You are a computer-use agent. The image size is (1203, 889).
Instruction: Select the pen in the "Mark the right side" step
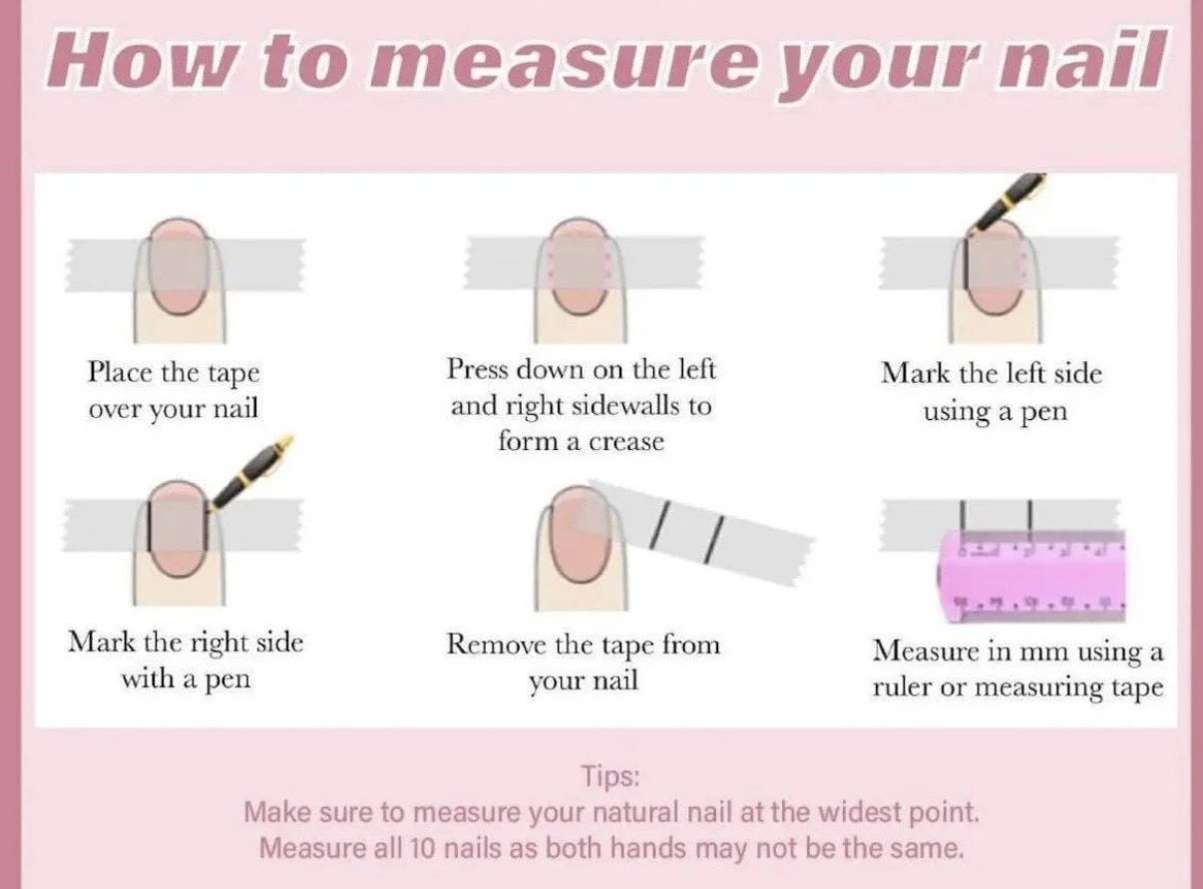[x=251, y=472]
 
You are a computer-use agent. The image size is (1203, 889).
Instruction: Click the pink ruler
[x=1031, y=576]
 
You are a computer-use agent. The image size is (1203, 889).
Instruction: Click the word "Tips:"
[x=610, y=776]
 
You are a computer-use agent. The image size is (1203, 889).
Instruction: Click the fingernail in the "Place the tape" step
[x=178, y=267]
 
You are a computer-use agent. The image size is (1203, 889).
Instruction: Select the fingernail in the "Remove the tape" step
[x=581, y=533]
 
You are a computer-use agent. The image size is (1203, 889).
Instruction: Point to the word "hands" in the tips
[x=647, y=849]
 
